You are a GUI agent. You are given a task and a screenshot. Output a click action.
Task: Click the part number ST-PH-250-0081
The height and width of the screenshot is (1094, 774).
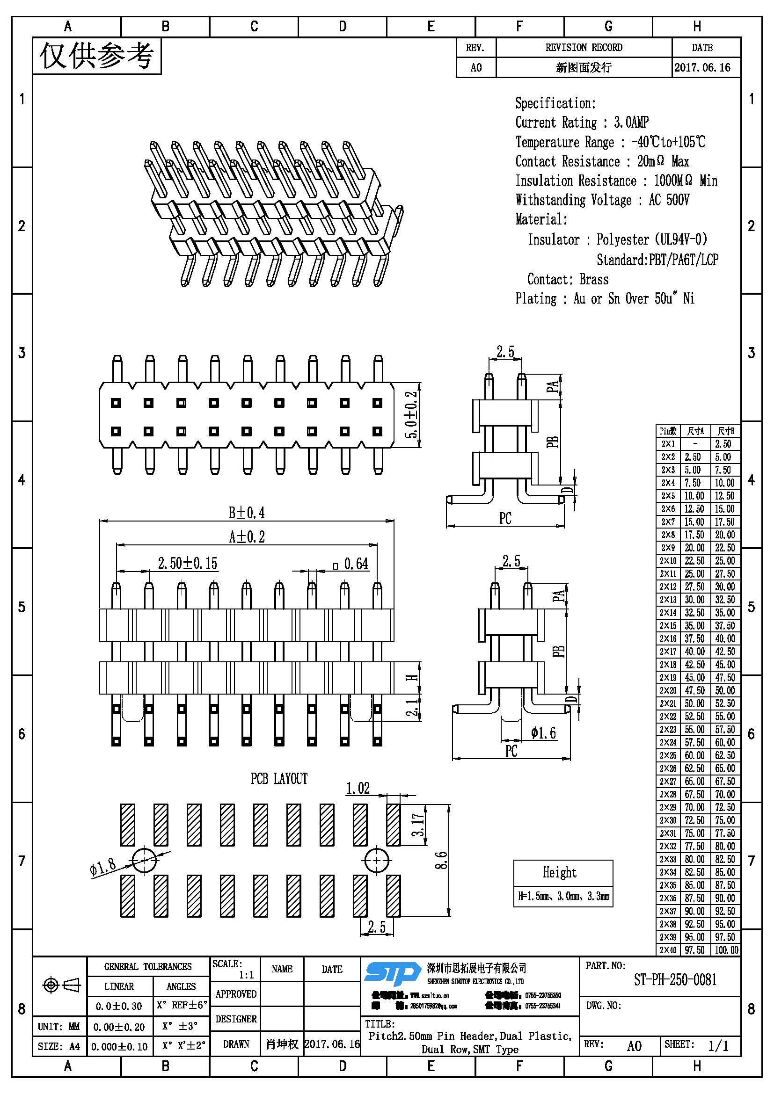[675, 980]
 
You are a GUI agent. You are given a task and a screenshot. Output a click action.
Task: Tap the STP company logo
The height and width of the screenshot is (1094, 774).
[392, 973]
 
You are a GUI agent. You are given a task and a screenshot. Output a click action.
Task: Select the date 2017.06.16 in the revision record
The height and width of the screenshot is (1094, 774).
[702, 68]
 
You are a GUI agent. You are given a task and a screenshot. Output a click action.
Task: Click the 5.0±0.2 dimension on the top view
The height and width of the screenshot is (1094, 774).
[412, 414]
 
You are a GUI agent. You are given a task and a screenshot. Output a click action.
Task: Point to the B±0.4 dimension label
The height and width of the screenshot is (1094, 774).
[247, 513]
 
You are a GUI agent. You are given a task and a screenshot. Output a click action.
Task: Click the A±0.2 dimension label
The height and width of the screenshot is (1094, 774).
[247, 537]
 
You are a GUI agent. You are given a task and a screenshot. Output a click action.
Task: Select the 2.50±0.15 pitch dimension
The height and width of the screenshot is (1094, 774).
[187, 564]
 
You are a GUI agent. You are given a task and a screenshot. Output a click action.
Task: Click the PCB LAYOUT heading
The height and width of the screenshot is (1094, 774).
[279, 779]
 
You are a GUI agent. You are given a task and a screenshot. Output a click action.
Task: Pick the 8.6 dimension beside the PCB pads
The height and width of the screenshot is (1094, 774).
[441, 860]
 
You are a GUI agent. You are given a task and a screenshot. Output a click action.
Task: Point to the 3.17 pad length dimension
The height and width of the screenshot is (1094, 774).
[417, 825]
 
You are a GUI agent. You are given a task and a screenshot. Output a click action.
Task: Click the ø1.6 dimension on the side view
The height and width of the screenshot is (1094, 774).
[543, 733]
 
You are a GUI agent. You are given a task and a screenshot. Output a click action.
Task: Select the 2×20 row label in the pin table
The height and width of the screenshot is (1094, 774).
[668, 690]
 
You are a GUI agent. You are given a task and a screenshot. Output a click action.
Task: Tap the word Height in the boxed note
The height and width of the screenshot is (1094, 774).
[560, 872]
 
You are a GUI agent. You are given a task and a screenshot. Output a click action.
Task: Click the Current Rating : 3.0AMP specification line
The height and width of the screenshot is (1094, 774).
[582, 123]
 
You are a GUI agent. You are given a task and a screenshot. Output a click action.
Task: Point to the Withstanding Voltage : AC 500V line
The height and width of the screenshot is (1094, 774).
[602, 200]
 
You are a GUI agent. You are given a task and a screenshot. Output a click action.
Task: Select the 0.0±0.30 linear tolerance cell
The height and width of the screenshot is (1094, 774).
[119, 1006]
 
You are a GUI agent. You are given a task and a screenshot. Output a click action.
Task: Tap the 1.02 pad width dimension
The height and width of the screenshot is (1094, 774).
[358, 789]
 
